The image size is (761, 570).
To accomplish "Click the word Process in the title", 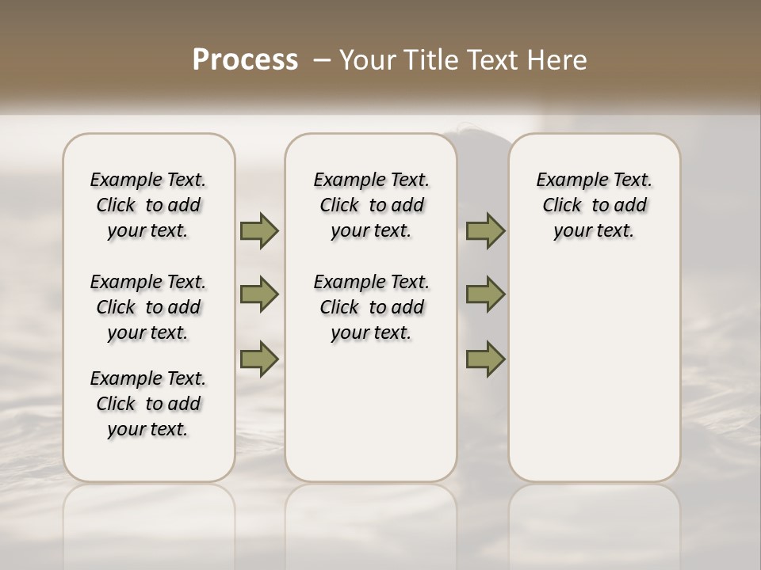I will click(x=245, y=60).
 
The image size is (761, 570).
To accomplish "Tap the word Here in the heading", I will click(x=557, y=60).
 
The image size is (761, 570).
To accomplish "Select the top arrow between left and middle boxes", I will click(x=259, y=230).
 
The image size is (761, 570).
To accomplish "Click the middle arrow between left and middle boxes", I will click(x=259, y=294).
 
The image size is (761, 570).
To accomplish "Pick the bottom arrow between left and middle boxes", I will click(x=259, y=359).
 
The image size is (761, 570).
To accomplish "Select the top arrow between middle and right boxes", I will click(x=485, y=230).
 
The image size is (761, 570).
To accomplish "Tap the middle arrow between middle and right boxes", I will click(x=485, y=294).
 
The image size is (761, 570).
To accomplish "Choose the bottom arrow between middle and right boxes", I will click(x=485, y=359).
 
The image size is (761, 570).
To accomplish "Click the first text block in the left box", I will click(x=147, y=205).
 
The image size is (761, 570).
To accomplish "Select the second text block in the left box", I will click(x=147, y=307).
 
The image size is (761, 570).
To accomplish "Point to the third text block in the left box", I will click(x=147, y=404).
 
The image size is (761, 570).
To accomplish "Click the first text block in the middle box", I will click(x=371, y=205).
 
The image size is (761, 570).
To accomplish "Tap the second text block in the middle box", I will click(x=371, y=307).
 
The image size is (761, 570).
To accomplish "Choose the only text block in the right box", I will click(x=594, y=205).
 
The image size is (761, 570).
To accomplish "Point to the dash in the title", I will click(x=321, y=61).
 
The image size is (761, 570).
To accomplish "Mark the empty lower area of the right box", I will click(x=594, y=364).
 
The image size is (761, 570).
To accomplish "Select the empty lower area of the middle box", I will click(x=371, y=412).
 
